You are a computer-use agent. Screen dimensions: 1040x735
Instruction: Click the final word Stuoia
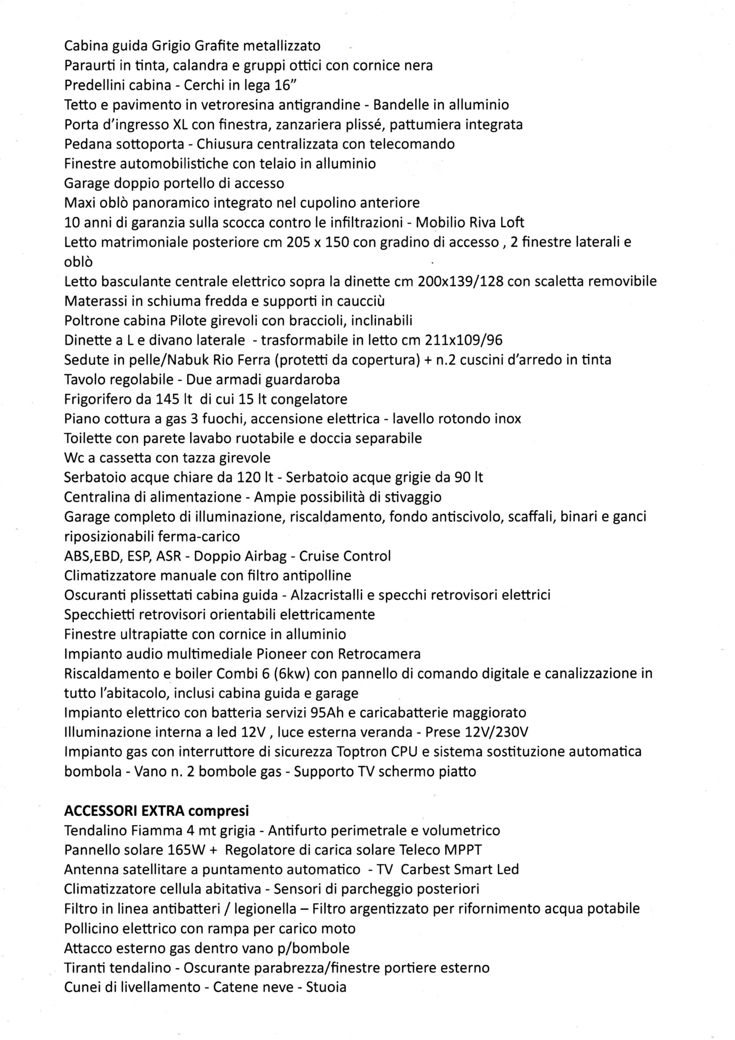point(326,987)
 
